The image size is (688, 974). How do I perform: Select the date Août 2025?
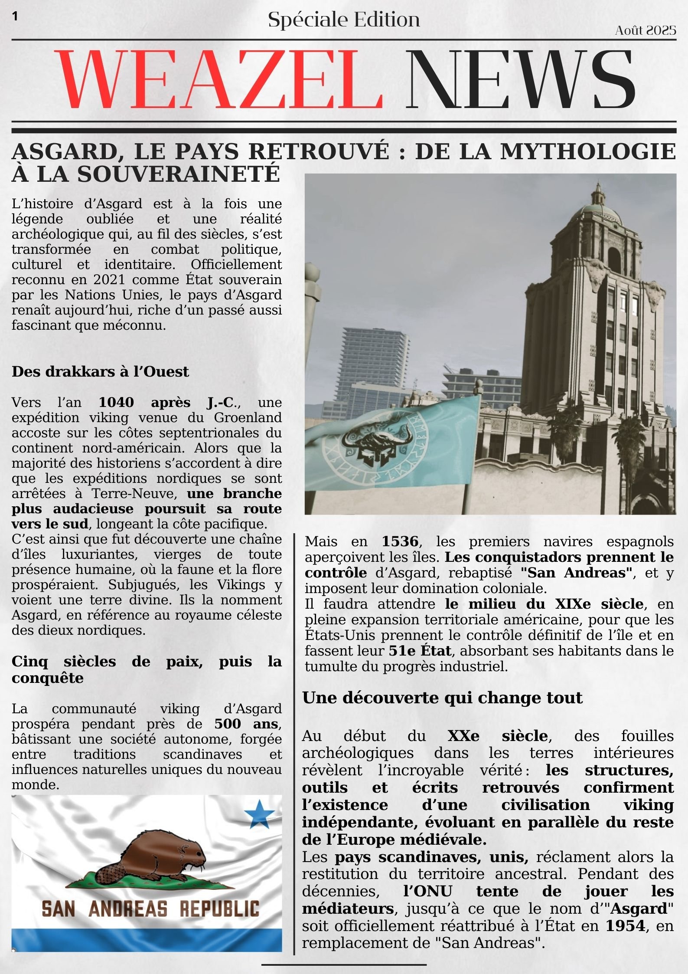click(x=646, y=30)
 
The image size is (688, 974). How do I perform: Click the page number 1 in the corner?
click(x=16, y=16)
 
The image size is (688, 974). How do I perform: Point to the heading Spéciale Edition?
click(x=344, y=20)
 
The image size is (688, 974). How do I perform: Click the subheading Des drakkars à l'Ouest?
click(x=100, y=372)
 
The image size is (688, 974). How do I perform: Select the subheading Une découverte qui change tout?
click(x=442, y=698)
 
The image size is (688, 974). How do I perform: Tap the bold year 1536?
click(x=400, y=542)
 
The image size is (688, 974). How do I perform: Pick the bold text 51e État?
click(x=420, y=651)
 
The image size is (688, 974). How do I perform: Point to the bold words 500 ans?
click(x=246, y=724)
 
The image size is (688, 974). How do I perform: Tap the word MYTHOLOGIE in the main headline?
click(x=588, y=151)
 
